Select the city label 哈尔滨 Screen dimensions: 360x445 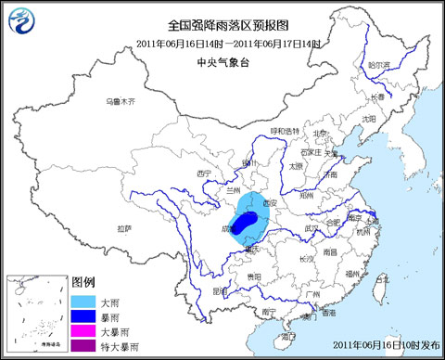[x=378, y=65]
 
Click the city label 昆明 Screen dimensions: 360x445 [x=219, y=289]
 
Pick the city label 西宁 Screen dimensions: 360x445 [x=206, y=173]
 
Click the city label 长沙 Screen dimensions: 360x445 [x=298, y=257]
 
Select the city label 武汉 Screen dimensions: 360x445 [x=311, y=229]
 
